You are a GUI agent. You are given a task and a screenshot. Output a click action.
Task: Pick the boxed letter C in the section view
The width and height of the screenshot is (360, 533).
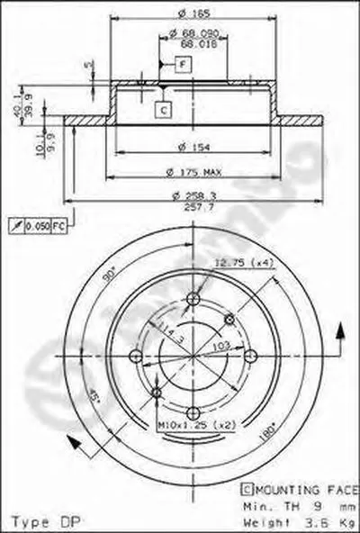click(162, 109)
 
